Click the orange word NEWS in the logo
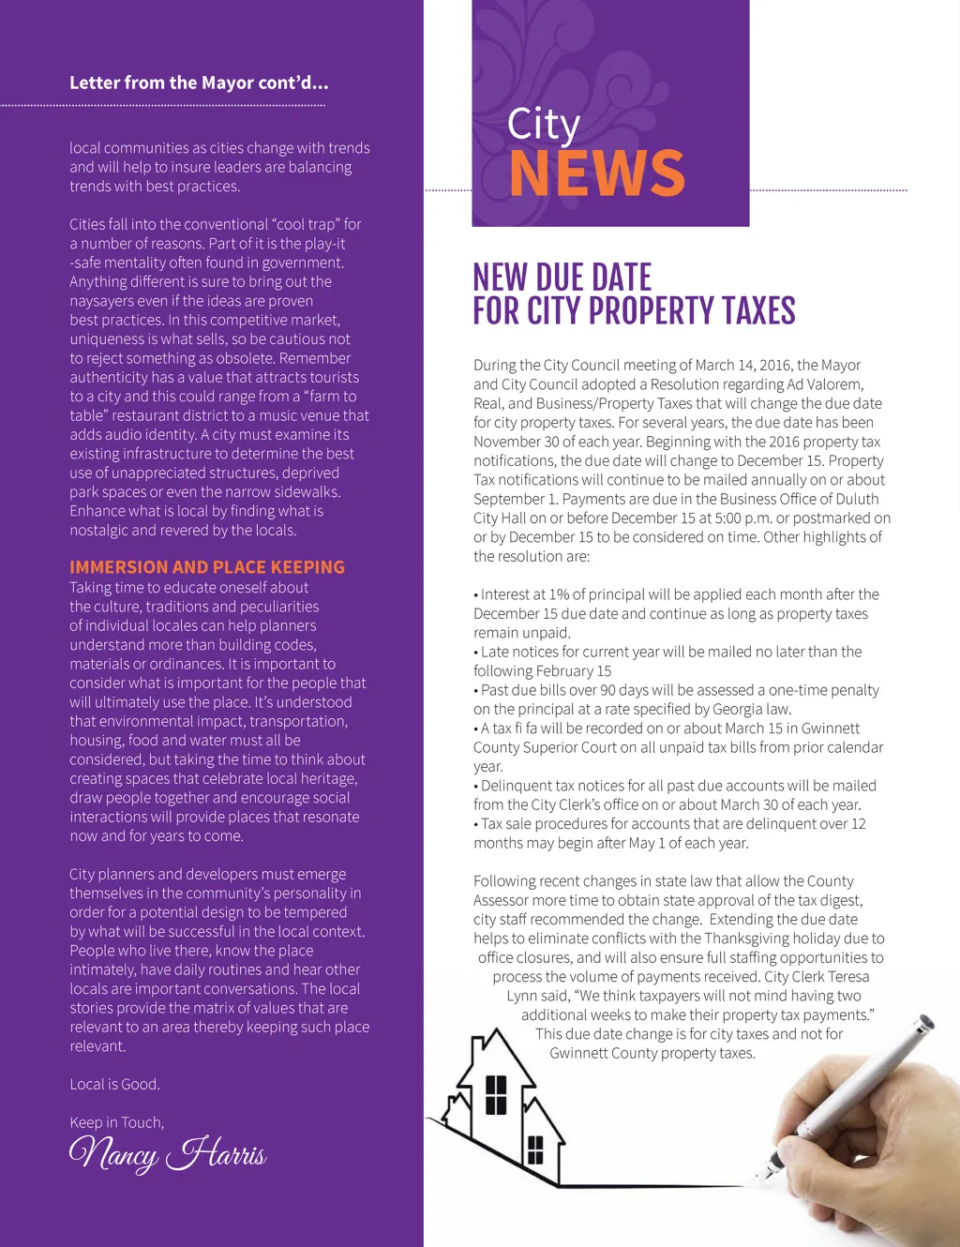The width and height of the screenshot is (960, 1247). [x=597, y=173]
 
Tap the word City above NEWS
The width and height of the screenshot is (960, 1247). [x=544, y=125]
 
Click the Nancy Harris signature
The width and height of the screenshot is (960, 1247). [x=168, y=1153]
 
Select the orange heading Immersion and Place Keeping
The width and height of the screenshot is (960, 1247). [x=207, y=567]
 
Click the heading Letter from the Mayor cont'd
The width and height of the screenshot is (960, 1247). [x=199, y=83]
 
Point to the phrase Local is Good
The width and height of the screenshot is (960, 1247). [x=114, y=1084]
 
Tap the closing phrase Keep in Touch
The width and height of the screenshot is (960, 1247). [x=116, y=1122]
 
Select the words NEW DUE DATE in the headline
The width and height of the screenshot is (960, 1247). [x=562, y=278]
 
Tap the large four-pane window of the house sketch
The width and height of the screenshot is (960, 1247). [x=496, y=1094]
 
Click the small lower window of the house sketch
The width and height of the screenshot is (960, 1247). [x=535, y=1149]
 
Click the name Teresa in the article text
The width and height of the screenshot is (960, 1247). [x=847, y=976]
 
